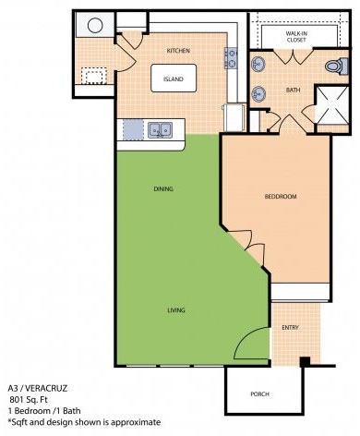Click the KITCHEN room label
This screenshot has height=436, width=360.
[x=178, y=51]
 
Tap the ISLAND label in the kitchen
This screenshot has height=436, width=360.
[x=174, y=79]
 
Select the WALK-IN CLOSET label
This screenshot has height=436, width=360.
[x=296, y=37]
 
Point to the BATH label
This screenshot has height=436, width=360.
[x=293, y=91]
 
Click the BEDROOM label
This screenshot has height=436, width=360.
[x=281, y=197]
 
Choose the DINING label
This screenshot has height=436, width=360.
[x=163, y=188]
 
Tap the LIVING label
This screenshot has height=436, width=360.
[x=176, y=310]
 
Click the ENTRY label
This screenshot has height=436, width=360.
[x=290, y=328]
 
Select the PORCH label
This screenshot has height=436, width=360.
[x=259, y=394]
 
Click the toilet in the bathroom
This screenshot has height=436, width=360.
[x=336, y=66]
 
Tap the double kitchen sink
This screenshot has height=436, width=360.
[x=160, y=130]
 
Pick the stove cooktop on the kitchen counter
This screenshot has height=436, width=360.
[x=231, y=58]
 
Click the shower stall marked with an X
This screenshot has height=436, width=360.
[x=332, y=105]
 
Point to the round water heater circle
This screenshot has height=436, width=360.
[x=95, y=25]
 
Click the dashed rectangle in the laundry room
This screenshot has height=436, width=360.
[x=94, y=76]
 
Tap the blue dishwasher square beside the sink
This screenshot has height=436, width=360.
[x=133, y=129]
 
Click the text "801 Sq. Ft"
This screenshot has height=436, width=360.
[x=29, y=400]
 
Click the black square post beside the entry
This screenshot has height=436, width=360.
[x=305, y=361]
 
